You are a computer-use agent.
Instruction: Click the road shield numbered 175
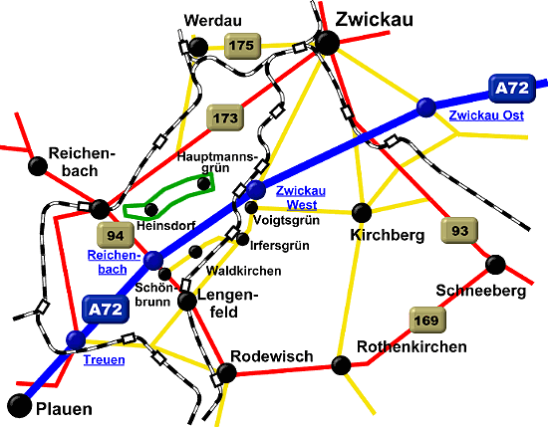(242, 46)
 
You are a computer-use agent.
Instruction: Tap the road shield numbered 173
(225, 118)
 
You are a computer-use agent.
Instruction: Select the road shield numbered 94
(116, 236)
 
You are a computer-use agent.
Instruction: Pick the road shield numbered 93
(459, 231)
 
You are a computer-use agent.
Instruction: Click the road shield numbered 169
(427, 320)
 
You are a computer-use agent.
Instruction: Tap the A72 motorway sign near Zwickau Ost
(512, 89)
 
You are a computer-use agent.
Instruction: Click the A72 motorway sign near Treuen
(106, 310)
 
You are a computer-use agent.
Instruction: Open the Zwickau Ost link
(486, 115)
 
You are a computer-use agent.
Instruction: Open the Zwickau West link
(301, 198)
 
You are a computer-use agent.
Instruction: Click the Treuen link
(105, 360)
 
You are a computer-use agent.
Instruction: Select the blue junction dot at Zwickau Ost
(426, 107)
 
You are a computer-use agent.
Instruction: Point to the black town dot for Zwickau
(327, 43)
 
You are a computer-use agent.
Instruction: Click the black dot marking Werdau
(198, 47)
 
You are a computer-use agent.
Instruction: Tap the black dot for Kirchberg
(362, 213)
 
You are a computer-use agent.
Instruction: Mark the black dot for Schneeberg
(495, 265)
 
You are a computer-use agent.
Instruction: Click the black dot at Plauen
(20, 406)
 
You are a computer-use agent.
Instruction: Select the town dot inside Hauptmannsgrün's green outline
(203, 184)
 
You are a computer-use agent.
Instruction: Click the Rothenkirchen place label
(411, 347)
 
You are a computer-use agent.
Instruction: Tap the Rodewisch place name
(272, 356)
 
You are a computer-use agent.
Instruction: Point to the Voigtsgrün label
(286, 221)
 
